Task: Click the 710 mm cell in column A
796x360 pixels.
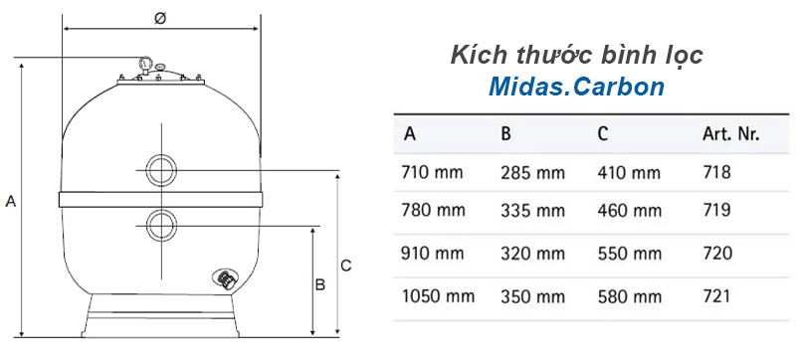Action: (432, 172)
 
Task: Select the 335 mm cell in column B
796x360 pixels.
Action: (532, 210)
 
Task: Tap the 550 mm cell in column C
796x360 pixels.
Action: (630, 253)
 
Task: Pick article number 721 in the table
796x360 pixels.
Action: (716, 296)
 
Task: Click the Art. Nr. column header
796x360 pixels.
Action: (731, 134)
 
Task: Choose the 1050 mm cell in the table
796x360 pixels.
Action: (438, 296)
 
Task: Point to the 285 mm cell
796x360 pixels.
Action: (532, 173)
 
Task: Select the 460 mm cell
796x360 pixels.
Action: (630, 210)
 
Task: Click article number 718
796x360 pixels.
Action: (716, 172)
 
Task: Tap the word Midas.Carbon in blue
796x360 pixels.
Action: (576, 87)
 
